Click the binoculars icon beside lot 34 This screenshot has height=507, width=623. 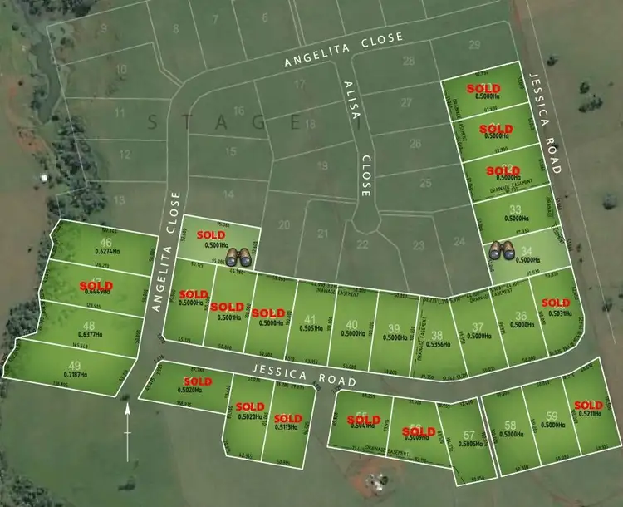point(500,250)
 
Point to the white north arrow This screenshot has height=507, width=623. point(126,432)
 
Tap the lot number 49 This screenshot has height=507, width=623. point(75,365)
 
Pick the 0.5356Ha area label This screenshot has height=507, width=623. point(437,342)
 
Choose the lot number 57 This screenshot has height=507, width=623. point(469,436)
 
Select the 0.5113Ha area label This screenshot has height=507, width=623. point(288,427)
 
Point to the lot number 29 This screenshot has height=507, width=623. point(474,45)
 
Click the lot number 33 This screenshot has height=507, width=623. point(515,209)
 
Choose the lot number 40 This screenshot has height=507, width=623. point(352,325)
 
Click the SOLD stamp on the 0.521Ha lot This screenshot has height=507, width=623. point(588,406)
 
